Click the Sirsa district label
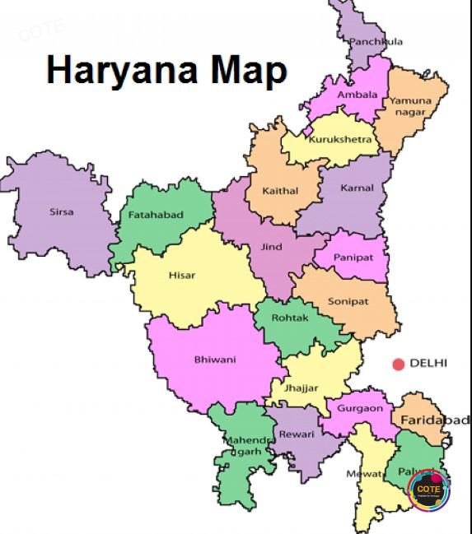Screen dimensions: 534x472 pos(61,211)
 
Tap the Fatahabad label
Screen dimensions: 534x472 pos(156,215)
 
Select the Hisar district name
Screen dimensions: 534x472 pos(182,275)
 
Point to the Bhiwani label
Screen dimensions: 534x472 pos(214,360)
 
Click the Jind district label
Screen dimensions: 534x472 pos(271,246)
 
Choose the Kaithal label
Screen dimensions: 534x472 pos(280,191)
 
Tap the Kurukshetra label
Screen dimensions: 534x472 pos(340,139)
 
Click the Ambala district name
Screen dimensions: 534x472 pos(357,95)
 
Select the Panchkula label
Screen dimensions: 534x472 pos(376,41)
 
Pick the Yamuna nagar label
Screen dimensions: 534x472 pos(410,106)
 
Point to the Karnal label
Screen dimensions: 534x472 pos(357,188)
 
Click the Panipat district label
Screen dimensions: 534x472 pos(353,258)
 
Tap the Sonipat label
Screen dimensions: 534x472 pos(348,301)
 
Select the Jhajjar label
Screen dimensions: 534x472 pos(301,388)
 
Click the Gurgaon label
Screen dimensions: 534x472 pos(359,408)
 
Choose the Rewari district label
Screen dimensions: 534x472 pos(297,434)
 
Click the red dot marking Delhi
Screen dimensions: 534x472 pos(399,364)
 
